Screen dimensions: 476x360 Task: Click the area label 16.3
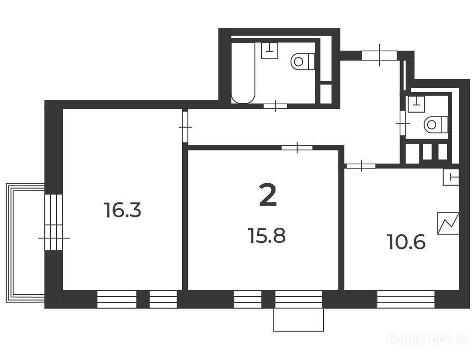(122, 210)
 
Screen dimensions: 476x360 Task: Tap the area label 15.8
(267, 236)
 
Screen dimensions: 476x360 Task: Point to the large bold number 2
(268, 195)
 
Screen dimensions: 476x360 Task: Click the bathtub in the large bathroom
(243, 73)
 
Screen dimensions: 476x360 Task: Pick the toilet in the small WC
(437, 124)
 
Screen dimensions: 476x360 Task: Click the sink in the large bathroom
(269, 51)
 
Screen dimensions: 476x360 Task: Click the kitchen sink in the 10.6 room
(451, 177)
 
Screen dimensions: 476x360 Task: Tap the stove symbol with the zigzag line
(448, 223)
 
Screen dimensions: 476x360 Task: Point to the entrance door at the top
(379, 55)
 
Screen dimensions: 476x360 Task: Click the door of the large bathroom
(275, 106)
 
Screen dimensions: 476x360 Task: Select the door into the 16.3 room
(185, 127)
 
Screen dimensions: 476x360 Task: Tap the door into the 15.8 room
(297, 148)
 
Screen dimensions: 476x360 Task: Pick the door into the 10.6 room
(361, 166)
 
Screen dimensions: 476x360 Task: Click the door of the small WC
(403, 123)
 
